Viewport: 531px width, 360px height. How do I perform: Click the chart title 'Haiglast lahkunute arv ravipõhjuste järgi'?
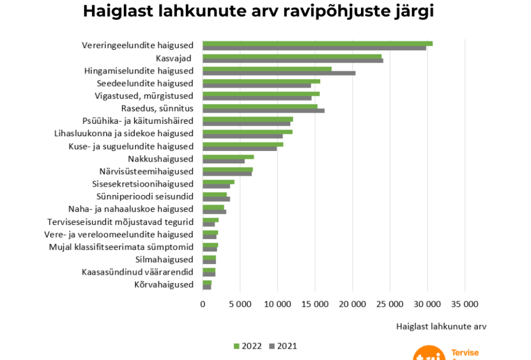[x=258, y=12]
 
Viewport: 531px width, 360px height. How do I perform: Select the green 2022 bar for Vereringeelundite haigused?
[x=317, y=43]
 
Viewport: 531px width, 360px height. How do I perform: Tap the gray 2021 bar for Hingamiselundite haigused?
[x=279, y=73]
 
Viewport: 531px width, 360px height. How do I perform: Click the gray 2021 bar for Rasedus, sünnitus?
[x=263, y=111]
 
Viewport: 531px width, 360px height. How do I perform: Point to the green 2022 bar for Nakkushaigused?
[x=228, y=157]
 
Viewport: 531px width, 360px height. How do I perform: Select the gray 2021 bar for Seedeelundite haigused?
[x=257, y=86]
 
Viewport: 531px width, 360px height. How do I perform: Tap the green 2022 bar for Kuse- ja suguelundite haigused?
[x=243, y=144]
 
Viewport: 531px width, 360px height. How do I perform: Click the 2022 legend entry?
[x=248, y=346]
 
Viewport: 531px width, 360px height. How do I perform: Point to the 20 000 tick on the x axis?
[x=352, y=304]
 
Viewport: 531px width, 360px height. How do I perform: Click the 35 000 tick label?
[x=465, y=304]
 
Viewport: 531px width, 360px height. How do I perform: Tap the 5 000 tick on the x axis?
[x=240, y=304]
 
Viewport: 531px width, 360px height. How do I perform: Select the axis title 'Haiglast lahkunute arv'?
[x=441, y=327]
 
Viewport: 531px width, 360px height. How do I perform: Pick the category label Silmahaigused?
[x=164, y=259]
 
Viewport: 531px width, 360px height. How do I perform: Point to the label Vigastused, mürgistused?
[x=144, y=96]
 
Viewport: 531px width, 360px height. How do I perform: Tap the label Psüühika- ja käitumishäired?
[x=137, y=121]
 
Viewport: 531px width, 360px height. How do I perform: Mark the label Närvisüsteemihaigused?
[x=146, y=171]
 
